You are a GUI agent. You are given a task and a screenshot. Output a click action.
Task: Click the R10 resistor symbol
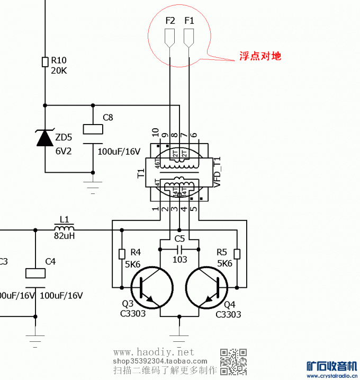pyautogui.click(x=45, y=62)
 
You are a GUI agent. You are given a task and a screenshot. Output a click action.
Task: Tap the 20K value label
pyautogui.click(x=59, y=71)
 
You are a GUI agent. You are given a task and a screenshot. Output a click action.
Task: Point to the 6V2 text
pyautogui.click(x=64, y=151)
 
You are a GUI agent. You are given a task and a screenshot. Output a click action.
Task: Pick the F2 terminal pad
pyautogui.click(x=170, y=37)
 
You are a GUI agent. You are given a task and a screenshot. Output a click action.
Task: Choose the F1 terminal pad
pyautogui.click(x=188, y=37)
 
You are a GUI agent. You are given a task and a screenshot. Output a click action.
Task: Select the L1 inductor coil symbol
pyautogui.click(x=64, y=228)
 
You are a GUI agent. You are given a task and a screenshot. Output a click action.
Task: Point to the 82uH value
pyautogui.click(x=64, y=236)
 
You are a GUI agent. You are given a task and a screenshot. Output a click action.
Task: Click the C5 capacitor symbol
pyautogui.click(x=179, y=248)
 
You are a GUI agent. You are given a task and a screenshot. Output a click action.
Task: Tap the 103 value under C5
pyautogui.click(x=179, y=260)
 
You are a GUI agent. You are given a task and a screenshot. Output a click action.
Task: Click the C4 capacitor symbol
pyautogui.click(x=35, y=273)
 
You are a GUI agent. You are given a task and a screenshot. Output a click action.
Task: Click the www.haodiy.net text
pyautogui.click(x=154, y=352)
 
